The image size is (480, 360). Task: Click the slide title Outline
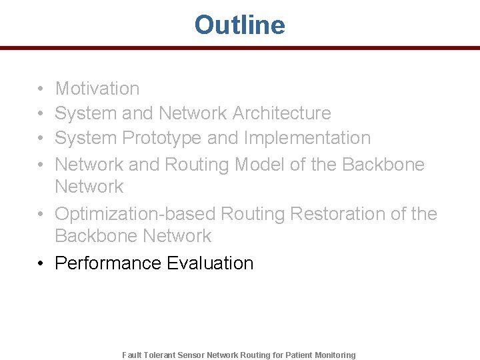pos(239,25)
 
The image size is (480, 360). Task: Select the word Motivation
pos(97,88)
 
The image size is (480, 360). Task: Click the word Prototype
pos(162,139)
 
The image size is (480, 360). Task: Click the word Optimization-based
pos(135,214)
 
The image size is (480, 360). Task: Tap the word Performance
pos(108,263)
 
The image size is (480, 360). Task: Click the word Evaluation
pos(210,263)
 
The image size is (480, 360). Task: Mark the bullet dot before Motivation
pos(41,89)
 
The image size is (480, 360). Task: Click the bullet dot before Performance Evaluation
pos(41,263)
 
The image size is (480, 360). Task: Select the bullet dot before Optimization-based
pos(41,214)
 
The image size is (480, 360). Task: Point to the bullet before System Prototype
pos(41,139)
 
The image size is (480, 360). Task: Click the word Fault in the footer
pos(132,355)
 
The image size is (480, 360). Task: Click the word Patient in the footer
pos(299,355)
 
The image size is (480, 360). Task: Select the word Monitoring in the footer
pos(335,355)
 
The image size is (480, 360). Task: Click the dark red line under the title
pos(239,48)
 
